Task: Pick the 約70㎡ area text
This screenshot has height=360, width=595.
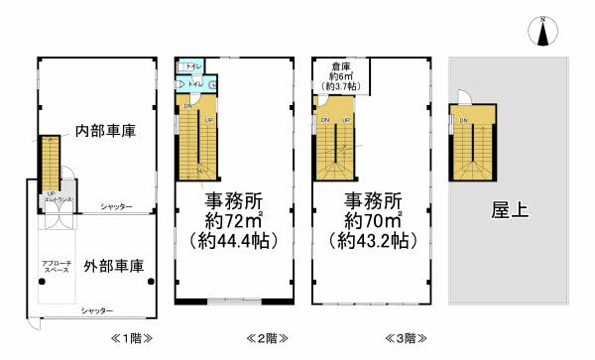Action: pos(372,218)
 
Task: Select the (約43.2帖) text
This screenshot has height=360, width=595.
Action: pos(372,241)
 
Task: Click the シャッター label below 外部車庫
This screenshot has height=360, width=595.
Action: pos(96,311)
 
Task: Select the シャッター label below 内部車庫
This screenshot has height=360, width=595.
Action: pos(116,206)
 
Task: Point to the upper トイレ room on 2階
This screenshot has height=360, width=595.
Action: pos(192,67)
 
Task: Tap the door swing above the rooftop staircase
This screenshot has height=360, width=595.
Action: pos(459,97)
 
